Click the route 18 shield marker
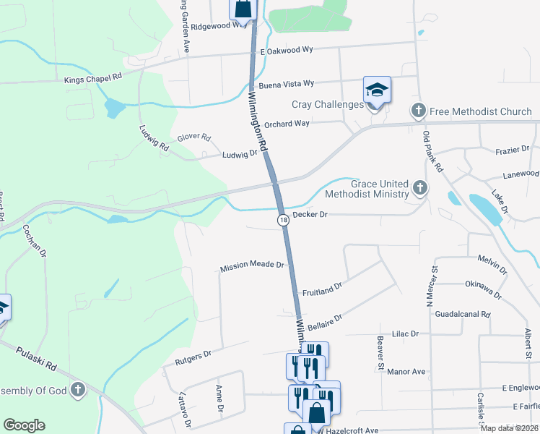click(284, 219)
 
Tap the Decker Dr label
click(310, 215)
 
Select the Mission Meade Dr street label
click(253, 266)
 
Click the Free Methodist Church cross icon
click(418, 111)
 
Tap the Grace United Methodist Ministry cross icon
click(419, 189)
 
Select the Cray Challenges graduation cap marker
click(377, 90)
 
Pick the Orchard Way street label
click(287, 124)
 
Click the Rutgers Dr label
click(193, 354)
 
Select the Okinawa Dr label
click(484, 290)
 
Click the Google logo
click(25, 425)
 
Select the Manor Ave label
click(406, 372)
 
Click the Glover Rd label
click(194, 137)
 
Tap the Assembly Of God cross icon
click(79, 391)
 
